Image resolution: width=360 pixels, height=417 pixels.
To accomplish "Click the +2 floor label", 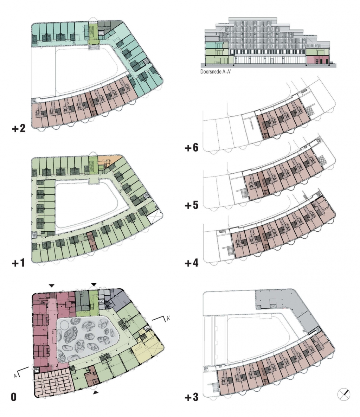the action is point(19,128).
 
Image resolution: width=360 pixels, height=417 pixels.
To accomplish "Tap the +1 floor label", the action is point(18,263).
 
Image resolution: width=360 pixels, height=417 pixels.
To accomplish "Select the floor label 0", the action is point(14,397).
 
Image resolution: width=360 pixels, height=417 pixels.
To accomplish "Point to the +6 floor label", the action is point(192,147).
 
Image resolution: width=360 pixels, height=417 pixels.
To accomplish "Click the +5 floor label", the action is point(192,205).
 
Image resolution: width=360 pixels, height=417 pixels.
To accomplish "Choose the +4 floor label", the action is point(192,263).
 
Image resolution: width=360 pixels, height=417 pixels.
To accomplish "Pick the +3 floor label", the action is point(192,397).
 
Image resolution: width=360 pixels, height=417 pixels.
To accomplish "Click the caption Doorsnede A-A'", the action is point(216,71).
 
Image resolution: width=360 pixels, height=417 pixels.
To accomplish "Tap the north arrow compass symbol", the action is point(344,394).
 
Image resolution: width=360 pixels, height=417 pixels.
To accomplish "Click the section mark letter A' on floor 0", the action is point(168,318).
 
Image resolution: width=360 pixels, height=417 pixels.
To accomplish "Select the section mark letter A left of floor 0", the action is point(16,376).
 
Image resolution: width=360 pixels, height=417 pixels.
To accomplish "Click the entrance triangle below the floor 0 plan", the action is point(96,392).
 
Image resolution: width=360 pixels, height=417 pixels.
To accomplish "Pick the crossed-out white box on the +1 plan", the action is point(154,217).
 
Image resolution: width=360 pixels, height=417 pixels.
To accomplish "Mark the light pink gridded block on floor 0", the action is point(53,383).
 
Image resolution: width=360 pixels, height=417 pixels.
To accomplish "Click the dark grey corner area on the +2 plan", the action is point(109,27).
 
